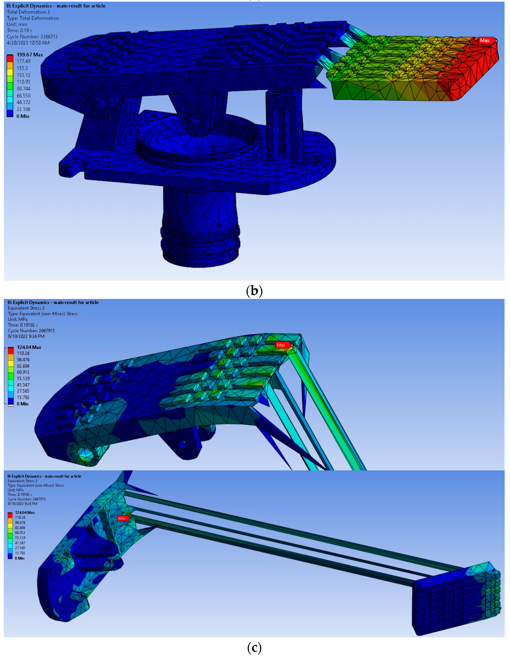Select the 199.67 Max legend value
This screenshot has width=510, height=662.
[x=30, y=55]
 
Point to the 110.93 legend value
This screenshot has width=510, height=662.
[x=23, y=82]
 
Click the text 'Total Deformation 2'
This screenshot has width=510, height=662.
[x=28, y=12]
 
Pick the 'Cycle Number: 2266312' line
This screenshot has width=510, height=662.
[x=32, y=37]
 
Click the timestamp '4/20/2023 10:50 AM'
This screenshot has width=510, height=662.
[x=28, y=43]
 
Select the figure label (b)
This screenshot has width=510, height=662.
[x=254, y=291]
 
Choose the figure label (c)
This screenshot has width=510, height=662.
[x=254, y=648]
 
